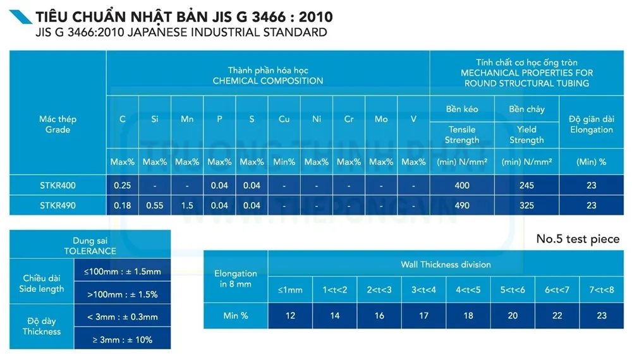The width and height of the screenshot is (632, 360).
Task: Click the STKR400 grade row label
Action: tap(58, 186)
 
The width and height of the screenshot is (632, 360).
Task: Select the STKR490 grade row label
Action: tap(58, 205)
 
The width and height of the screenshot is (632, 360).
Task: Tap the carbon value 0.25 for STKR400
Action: tap(122, 186)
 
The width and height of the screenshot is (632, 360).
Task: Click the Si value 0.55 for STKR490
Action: tap(155, 205)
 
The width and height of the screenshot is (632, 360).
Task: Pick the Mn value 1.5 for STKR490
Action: tap(187, 205)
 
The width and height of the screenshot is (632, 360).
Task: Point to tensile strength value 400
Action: tap(462, 186)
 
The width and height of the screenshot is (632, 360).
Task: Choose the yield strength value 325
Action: tap(526, 205)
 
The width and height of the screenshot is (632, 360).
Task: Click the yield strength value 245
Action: tap(526, 186)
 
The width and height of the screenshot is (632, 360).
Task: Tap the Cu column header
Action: tap(284, 119)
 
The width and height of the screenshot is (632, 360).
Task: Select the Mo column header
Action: tap(381, 119)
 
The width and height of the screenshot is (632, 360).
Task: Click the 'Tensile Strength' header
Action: tap(462, 135)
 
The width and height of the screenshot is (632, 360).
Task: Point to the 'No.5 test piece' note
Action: tap(578, 239)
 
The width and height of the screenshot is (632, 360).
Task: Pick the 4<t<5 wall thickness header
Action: tap(468, 290)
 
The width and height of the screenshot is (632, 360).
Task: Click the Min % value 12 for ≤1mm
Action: tap(290, 316)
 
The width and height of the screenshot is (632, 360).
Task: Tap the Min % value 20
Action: tap(513, 316)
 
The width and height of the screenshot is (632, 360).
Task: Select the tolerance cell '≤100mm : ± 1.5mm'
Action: tap(122, 272)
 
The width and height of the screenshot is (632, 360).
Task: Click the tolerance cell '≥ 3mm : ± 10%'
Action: tap(122, 340)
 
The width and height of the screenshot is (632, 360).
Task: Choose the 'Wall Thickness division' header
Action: tap(446, 264)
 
